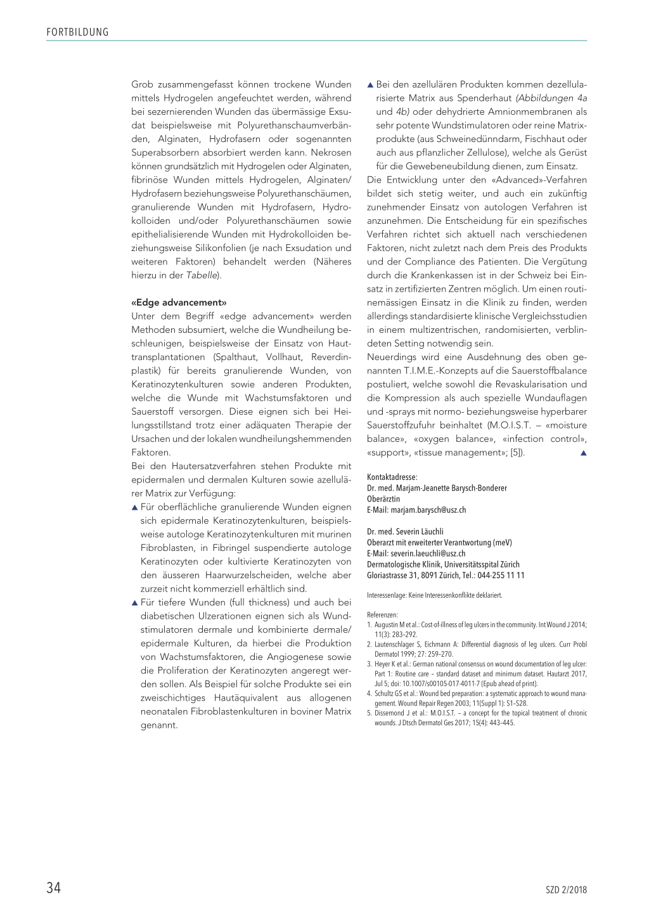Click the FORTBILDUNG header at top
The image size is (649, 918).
[x=77, y=32]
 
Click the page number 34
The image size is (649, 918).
[x=54, y=888]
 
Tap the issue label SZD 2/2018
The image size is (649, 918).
[x=566, y=890]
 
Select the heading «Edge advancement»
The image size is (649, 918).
[x=179, y=302]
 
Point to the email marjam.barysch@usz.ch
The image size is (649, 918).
[x=428, y=510]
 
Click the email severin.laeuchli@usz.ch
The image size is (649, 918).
[x=428, y=553]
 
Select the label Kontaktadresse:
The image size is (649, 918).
[x=392, y=477]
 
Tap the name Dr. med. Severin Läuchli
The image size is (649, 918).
[x=405, y=531]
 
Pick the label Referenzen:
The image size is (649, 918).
[x=382, y=614]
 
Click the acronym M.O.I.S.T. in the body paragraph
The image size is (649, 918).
[x=510, y=425]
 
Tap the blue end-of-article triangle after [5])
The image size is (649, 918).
[x=584, y=453]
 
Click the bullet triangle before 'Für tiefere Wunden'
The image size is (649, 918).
[x=135, y=603]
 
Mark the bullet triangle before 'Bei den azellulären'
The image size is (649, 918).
[x=371, y=85]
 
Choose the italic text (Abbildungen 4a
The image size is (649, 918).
[x=551, y=98]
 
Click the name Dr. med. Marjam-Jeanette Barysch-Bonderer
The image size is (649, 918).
[x=437, y=488]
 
